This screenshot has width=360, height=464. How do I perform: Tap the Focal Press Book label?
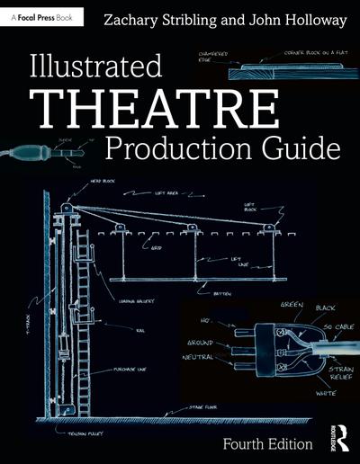pos(42,16)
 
